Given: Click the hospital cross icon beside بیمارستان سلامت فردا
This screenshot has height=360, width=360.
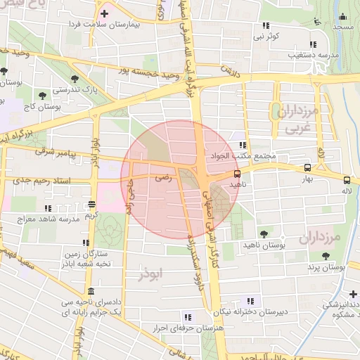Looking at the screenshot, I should tap(105, 13).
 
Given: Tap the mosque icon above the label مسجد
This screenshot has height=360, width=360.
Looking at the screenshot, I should tap(343, 17).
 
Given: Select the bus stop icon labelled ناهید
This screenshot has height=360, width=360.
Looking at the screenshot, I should tap(237, 173).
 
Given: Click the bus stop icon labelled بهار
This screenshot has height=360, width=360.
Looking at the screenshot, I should tap(307, 168).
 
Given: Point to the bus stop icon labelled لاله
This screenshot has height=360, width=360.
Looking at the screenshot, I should tap(347, 179).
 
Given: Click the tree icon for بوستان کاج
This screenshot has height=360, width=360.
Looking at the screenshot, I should tap(44, 93).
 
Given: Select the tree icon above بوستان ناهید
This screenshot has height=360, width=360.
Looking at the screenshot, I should tap(264, 234).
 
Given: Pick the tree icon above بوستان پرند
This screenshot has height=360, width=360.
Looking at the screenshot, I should tap(325, 257).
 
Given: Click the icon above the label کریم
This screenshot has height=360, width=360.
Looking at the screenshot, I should tap(91, 205).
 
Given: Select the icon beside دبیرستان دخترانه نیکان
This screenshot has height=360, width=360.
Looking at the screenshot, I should tap(250, 301).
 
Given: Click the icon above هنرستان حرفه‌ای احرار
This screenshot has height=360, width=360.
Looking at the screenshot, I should tap(186, 317).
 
